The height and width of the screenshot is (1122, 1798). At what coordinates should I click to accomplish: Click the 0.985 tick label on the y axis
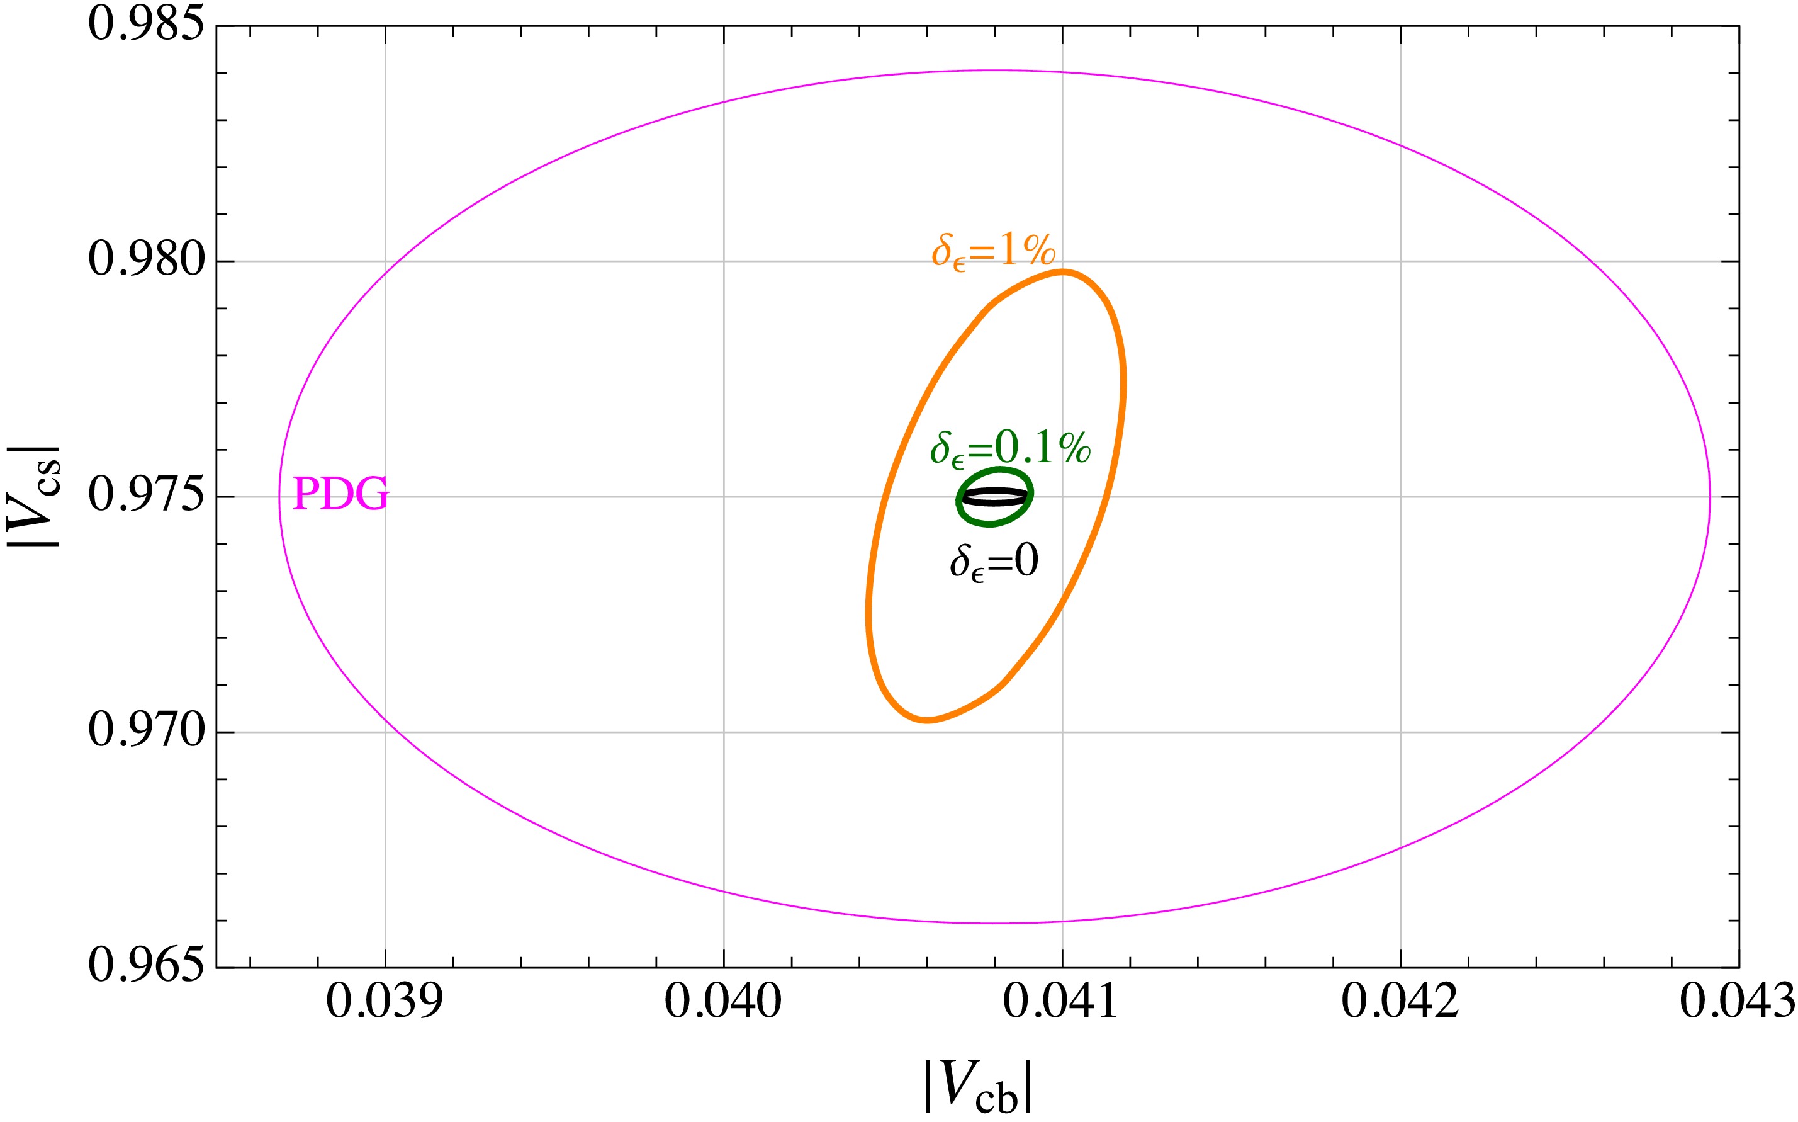point(145,25)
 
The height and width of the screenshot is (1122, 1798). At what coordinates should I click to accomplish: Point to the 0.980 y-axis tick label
point(145,261)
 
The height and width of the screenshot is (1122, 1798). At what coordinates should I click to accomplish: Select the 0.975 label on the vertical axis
point(145,496)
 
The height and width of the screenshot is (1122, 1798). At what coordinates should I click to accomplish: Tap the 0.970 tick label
point(145,731)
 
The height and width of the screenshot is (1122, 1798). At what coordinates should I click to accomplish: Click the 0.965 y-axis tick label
point(145,966)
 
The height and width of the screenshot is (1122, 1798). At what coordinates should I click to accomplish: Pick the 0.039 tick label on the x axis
point(385,1002)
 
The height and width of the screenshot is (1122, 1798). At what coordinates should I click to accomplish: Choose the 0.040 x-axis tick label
point(723,1002)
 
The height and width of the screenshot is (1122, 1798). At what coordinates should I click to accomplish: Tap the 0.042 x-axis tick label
point(1400,1002)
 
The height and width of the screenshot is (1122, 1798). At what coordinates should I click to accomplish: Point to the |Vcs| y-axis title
point(33,496)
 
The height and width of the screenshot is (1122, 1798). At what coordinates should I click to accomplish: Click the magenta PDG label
point(341,494)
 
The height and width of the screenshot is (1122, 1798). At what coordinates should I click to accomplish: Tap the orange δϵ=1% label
point(993,251)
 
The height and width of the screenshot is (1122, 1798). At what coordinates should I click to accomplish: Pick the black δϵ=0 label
point(994,562)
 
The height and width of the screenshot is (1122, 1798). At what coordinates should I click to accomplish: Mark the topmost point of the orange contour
point(1063,271)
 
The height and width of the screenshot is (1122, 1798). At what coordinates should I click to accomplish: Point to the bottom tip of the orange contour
point(926,720)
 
